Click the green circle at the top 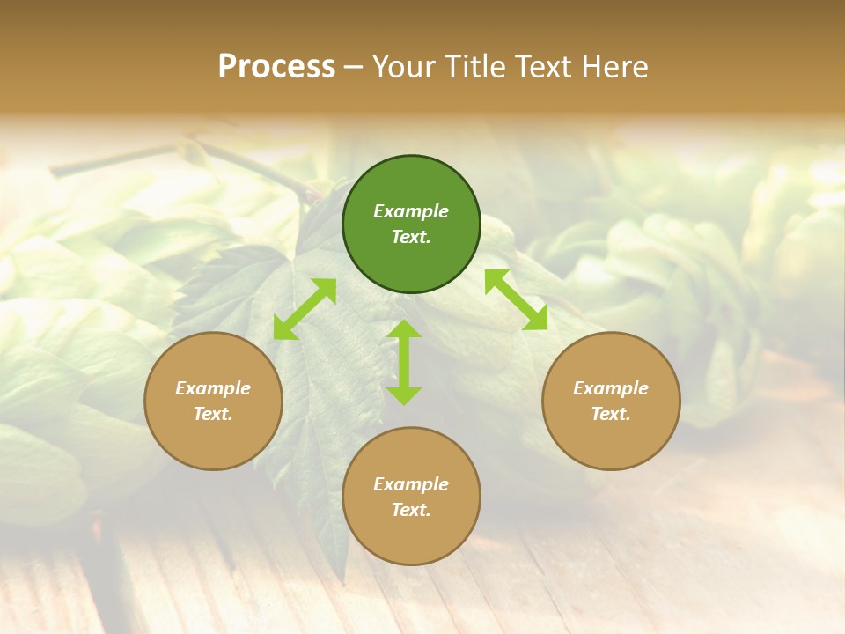[x=411, y=225]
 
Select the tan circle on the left [x=213, y=401]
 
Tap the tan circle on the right [x=611, y=401]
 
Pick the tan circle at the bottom [x=411, y=497]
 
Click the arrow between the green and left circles [x=305, y=309]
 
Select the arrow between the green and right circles [x=517, y=299]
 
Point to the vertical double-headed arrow [x=404, y=362]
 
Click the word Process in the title [x=276, y=67]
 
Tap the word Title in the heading [x=474, y=67]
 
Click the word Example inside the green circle [x=411, y=211]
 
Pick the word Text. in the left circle [x=213, y=414]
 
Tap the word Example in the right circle [x=611, y=388]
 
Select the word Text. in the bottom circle [x=411, y=510]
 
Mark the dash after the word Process [x=354, y=67]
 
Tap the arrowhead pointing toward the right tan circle [x=536, y=319]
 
